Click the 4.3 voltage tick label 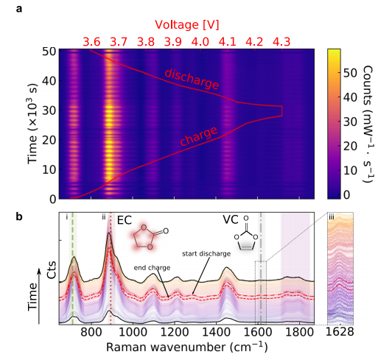click(x=281, y=42)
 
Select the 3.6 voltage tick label click(x=91, y=42)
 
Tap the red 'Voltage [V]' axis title click(x=187, y=25)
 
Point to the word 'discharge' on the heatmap click(x=192, y=79)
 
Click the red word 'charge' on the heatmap click(x=199, y=136)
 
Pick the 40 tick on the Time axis click(x=49, y=81)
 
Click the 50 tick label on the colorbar click(x=350, y=73)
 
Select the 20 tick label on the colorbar click(x=350, y=147)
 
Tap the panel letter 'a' click(x=19, y=10)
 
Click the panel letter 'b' click(x=19, y=216)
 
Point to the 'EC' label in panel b click(x=125, y=221)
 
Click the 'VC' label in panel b click(x=231, y=219)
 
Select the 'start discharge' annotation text click(x=206, y=254)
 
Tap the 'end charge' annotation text click(x=152, y=268)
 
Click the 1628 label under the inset click(x=340, y=332)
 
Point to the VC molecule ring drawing click(x=246, y=235)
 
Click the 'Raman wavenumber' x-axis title click(x=187, y=347)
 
